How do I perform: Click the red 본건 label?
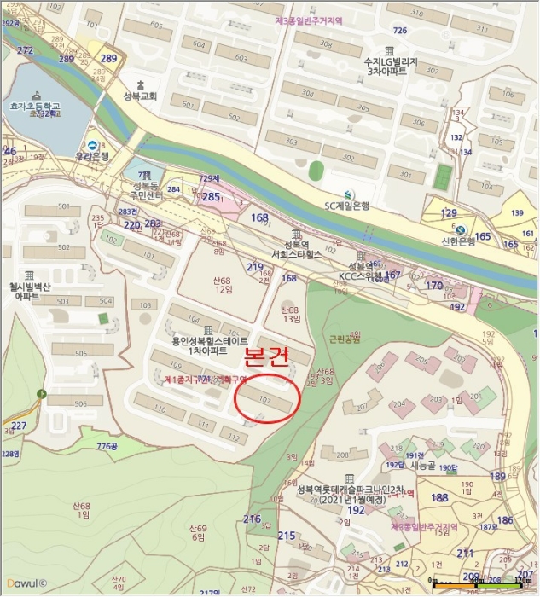click(267, 359)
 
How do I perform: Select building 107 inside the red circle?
click(264, 397)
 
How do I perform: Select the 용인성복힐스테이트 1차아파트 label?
click(200, 345)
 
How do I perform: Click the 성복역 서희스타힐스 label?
click(296, 248)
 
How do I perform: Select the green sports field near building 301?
click(441, 177)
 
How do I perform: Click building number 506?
click(81, 403)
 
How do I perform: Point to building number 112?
click(231, 437)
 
